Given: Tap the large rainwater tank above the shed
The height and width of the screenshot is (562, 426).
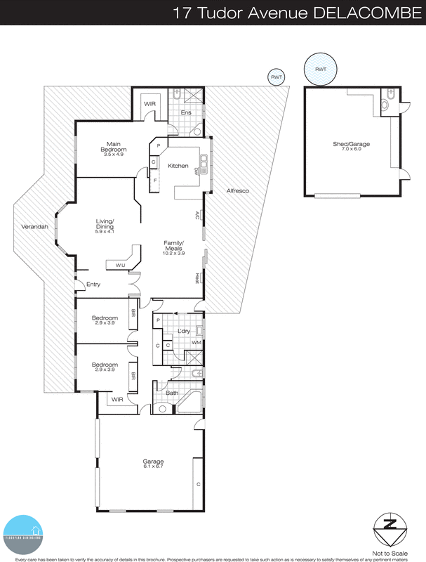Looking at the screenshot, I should click(x=320, y=70).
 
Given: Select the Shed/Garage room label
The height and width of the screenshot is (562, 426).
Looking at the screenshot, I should click(x=351, y=144).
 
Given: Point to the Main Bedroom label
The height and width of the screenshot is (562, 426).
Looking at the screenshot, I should click(x=113, y=145).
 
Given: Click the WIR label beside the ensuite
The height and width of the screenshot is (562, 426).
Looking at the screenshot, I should click(x=149, y=104).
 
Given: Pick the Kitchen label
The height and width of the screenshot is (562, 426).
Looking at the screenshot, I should click(x=178, y=166).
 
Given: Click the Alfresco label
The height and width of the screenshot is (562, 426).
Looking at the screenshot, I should click(x=237, y=191).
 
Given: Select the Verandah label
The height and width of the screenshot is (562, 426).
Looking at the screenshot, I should click(x=29, y=236).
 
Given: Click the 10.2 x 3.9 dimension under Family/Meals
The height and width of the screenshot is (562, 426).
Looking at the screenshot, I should click(x=173, y=254).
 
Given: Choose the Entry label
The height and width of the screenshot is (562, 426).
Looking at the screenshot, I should click(x=93, y=285).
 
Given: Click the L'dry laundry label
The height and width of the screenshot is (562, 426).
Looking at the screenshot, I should click(x=185, y=331).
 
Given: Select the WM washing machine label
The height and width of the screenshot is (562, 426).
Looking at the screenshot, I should click(x=197, y=342).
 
